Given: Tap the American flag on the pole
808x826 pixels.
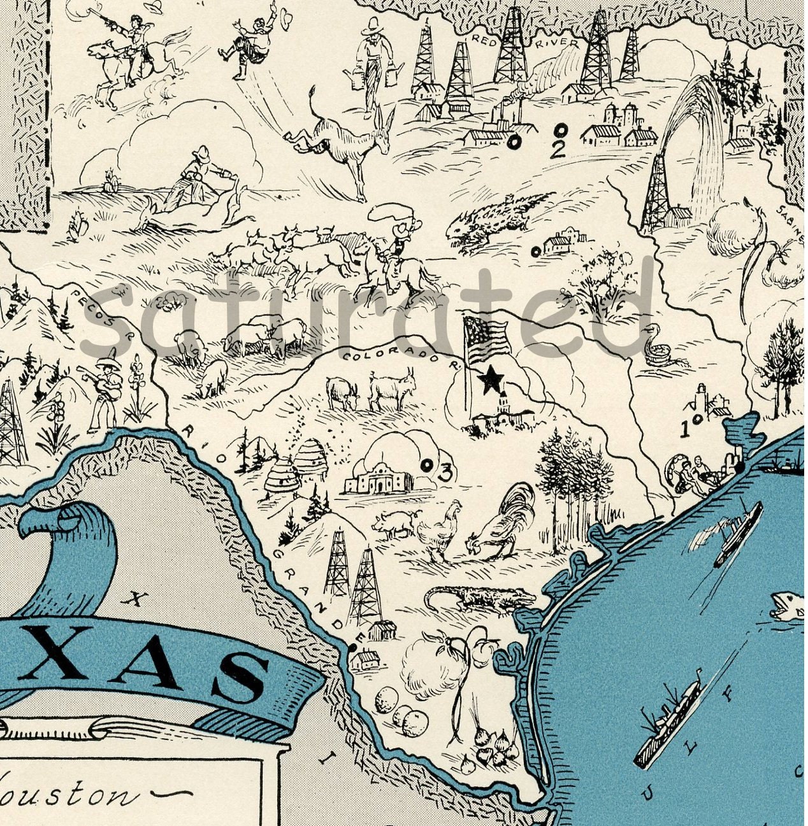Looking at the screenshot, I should click(x=487, y=338).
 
